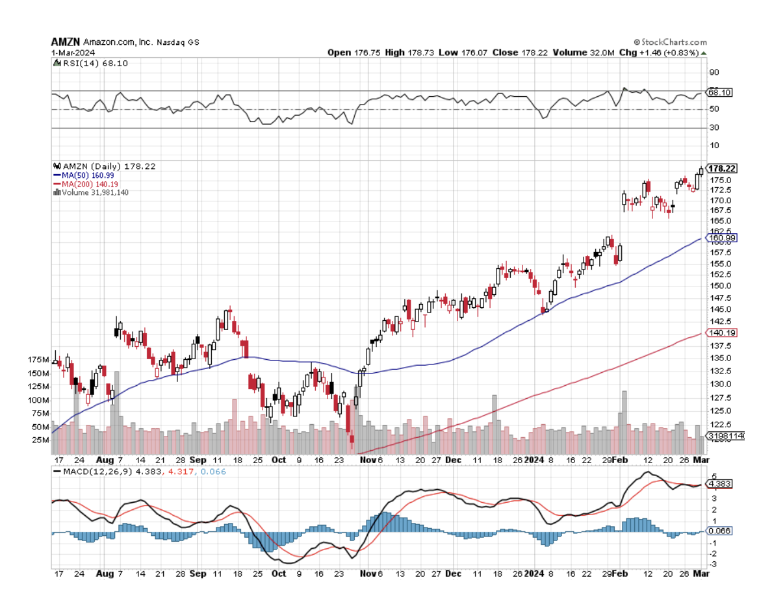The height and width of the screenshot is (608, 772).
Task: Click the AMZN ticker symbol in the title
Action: (64, 42)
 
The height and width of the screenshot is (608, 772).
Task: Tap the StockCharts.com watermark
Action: (670, 42)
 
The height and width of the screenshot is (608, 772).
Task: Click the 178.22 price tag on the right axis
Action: (721, 168)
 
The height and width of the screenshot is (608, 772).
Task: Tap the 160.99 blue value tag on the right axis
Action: (722, 238)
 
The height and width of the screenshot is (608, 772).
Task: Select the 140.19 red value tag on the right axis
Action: (722, 333)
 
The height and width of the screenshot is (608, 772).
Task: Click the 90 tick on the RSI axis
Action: (714, 73)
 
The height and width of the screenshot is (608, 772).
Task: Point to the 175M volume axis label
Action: (40, 360)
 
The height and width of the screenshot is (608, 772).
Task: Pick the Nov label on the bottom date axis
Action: (368, 574)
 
